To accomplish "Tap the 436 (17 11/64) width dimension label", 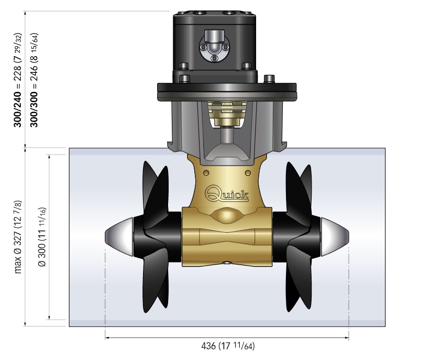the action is tap(228, 346).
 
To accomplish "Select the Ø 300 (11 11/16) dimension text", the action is tap(42, 237).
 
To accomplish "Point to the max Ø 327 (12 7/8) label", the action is tap(18, 237).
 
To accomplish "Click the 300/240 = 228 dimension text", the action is tap(17, 80).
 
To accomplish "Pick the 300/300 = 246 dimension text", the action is tap(34, 80).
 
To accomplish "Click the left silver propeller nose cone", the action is tap(119, 237).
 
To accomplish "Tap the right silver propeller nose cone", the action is tap(335, 237).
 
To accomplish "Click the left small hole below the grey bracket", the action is tap(206, 173).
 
